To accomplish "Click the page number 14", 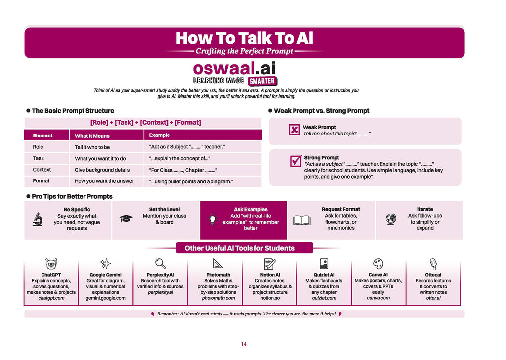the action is click(244, 344).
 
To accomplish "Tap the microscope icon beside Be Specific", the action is click(38, 219).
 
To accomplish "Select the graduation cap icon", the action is click(126, 218).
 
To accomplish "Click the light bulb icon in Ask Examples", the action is click(212, 220).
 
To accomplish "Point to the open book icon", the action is click(302, 220).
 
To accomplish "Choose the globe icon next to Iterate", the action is click(391, 219).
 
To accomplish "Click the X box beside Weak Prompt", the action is click(295, 130).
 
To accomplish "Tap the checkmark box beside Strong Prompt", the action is click(295, 161).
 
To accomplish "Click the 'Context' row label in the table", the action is click(42, 170).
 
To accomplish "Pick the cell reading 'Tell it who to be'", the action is click(92, 147).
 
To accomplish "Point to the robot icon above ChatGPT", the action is click(51, 264).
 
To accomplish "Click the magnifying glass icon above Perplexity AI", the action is click(161, 264).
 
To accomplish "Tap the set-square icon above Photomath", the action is click(218, 264).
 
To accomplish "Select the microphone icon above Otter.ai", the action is click(433, 264).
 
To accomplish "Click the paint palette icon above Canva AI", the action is click(378, 264).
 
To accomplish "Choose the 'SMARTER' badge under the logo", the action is click(262, 81).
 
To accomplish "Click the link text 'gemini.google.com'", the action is click(106, 298).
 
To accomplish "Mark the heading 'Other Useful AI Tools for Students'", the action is click(240, 248).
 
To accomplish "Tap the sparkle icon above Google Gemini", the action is click(105, 264).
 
